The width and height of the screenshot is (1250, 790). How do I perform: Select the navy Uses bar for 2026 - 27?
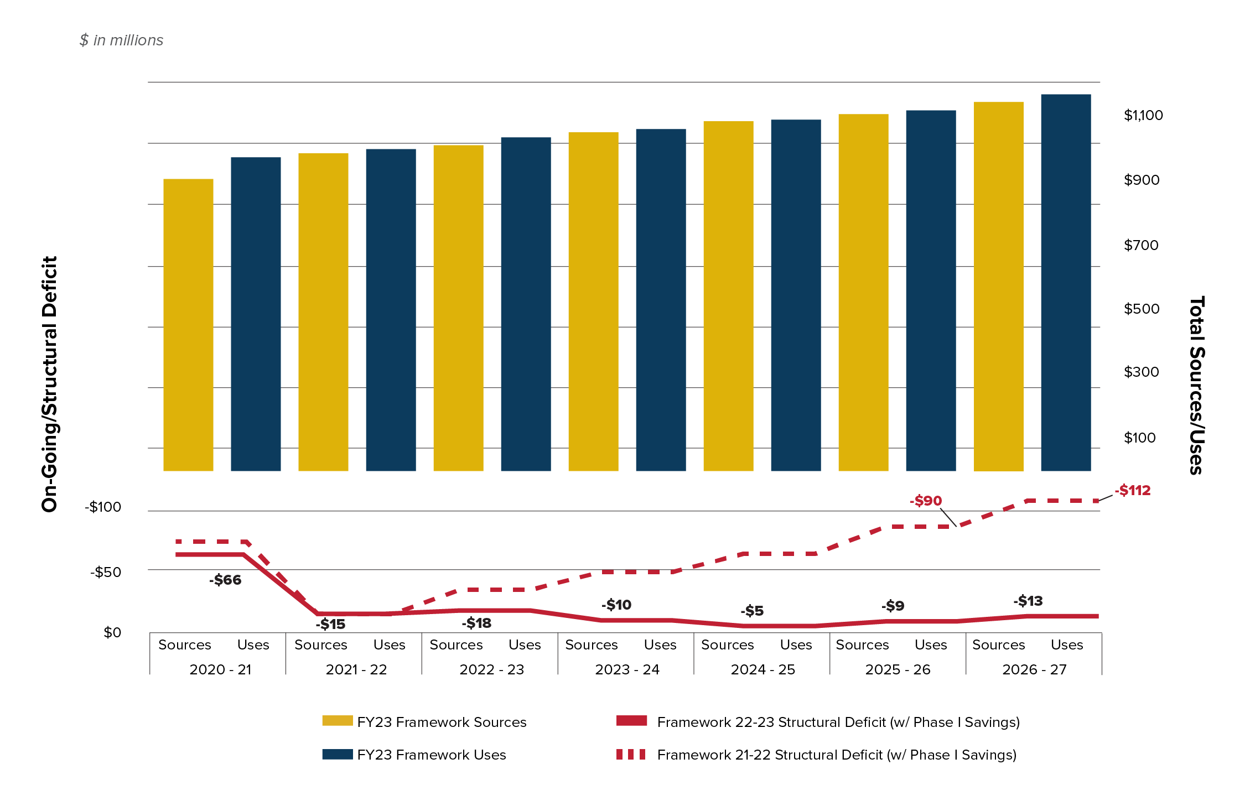click(x=1066, y=283)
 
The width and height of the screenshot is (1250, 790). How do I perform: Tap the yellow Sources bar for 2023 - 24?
click(x=593, y=302)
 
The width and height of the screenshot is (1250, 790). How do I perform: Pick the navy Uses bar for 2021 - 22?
click(x=391, y=310)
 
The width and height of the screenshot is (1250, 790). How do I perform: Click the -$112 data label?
click(x=1132, y=491)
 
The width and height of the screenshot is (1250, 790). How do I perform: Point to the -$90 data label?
click(x=926, y=501)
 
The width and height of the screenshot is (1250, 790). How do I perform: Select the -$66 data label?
click(x=225, y=580)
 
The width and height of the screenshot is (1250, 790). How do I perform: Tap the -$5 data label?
click(x=752, y=611)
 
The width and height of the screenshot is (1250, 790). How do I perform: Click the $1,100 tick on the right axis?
click(x=1143, y=116)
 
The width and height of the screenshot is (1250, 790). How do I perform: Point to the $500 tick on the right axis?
click(x=1141, y=309)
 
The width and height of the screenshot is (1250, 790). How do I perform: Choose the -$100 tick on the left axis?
click(x=103, y=507)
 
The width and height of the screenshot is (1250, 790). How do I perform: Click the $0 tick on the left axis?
click(x=112, y=633)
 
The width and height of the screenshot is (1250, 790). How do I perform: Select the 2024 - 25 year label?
click(x=763, y=670)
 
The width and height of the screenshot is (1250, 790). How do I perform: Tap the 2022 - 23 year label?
click(x=491, y=670)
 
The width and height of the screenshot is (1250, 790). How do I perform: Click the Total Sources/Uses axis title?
click(x=1196, y=385)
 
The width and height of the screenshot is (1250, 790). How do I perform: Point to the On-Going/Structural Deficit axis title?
click(x=50, y=384)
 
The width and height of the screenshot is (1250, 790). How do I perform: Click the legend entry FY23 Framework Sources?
click(x=441, y=723)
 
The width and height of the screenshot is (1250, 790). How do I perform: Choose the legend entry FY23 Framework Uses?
click(x=431, y=755)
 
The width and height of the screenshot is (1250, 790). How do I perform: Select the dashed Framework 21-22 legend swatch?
click(x=631, y=755)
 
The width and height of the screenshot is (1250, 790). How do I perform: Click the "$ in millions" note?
click(x=121, y=40)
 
